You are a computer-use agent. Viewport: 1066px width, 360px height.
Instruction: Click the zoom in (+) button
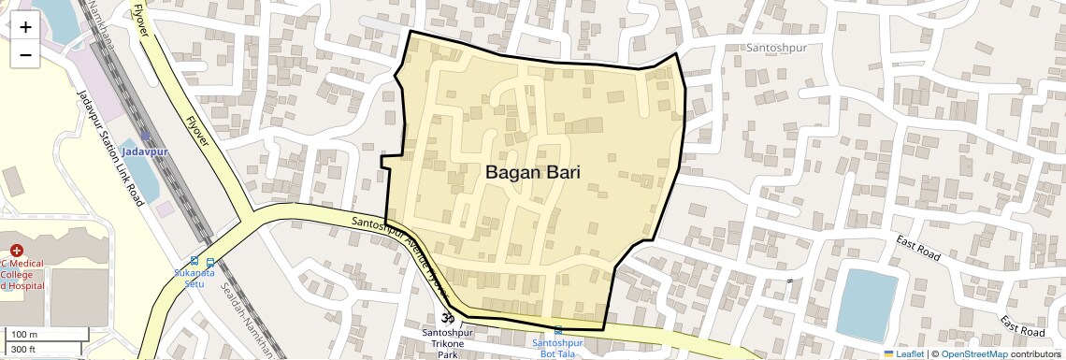coord(25,27)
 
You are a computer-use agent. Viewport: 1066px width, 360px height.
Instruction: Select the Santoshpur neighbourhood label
coord(775,47)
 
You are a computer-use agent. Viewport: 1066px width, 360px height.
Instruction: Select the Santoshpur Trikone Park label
coord(440,343)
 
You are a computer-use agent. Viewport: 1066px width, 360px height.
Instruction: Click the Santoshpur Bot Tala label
coord(558,348)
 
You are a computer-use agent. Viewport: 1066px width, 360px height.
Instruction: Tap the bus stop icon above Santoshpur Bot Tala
coord(559,330)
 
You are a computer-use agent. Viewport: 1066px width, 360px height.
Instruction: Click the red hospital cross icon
coord(17,250)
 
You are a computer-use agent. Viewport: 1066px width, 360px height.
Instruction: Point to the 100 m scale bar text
coord(25,335)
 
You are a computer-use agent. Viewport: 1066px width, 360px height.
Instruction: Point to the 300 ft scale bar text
coord(24,350)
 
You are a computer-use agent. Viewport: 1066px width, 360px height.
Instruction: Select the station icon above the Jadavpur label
coord(146,137)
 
